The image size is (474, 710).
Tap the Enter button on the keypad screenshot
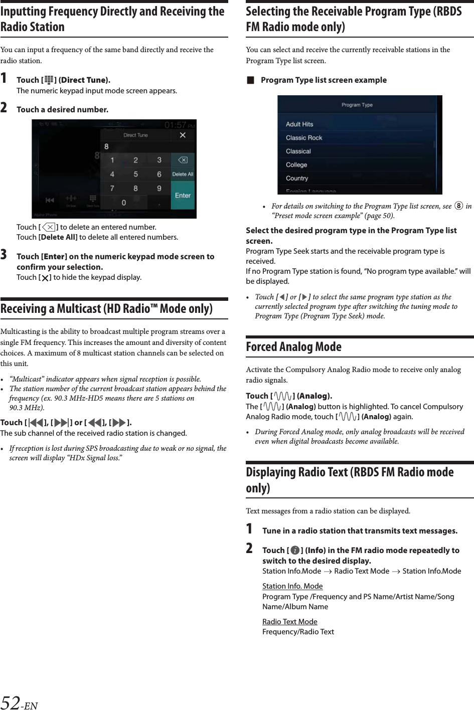pos(183,196)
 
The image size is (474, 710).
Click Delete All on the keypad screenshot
pos(183,174)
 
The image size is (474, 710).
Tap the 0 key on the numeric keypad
pos(123,203)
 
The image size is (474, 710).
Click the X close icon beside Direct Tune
pos(183,135)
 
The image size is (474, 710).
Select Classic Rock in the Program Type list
pos(304,138)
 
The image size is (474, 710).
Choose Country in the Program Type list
pos(297,179)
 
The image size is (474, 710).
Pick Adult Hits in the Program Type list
pos(299,124)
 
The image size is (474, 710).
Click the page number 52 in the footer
pos(11,702)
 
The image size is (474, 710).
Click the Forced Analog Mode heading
pos(293,347)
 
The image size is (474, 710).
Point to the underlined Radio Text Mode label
pos(290,622)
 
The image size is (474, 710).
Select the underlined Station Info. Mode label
pos(292,586)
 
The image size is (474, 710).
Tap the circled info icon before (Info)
pos(295,551)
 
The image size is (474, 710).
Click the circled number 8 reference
pos(458,206)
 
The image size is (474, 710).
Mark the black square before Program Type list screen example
pos(250,80)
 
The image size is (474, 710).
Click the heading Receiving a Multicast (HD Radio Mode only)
pos(106,309)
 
